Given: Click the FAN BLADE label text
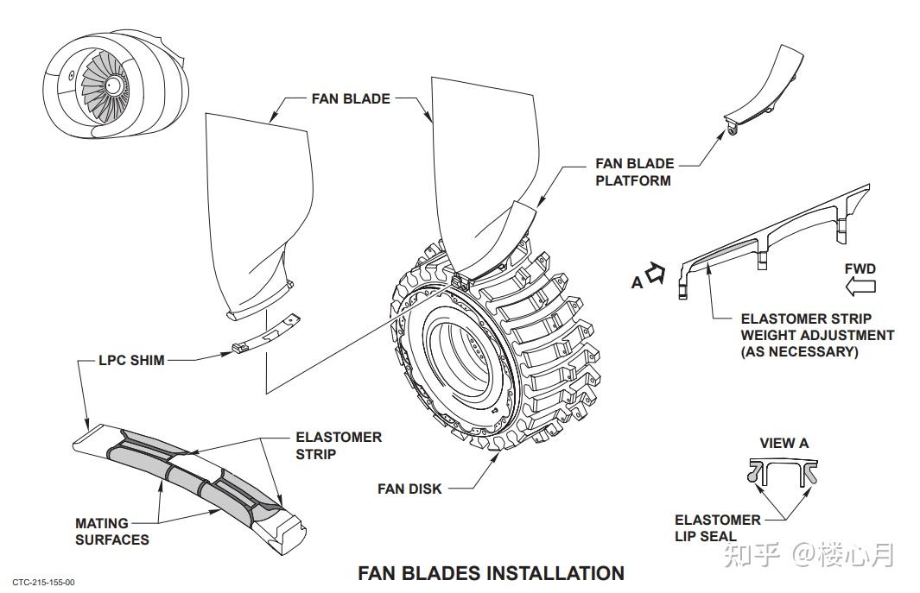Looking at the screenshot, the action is click(351, 98).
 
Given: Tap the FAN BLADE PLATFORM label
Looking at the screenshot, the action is click(634, 172).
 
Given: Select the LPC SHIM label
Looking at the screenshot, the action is click(131, 360).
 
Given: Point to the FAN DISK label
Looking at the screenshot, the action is click(409, 489).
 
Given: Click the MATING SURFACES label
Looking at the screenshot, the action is click(112, 532).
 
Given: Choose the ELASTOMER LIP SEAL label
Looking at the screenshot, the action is click(717, 528).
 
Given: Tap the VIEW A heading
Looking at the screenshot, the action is click(784, 443).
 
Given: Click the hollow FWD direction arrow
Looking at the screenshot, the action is click(860, 287).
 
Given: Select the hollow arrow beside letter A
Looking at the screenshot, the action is click(655, 273).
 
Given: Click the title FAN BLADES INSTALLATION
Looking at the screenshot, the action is click(491, 572).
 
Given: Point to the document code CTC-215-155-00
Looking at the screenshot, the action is click(43, 583).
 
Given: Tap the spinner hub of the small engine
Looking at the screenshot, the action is click(113, 85).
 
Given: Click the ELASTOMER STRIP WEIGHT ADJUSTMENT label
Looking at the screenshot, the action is click(816, 336).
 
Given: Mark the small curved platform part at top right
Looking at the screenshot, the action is click(764, 91).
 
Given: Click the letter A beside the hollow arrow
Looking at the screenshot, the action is click(637, 283).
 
